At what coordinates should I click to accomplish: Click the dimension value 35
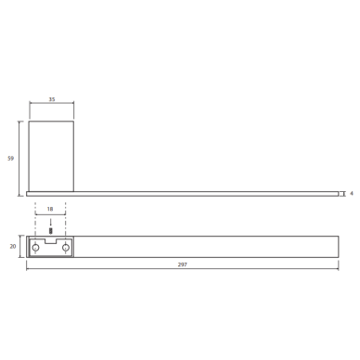point(52,99)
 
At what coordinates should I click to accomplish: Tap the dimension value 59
point(10,159)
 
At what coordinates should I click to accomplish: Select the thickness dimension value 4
point(352,194)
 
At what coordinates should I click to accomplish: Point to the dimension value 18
point(50,209)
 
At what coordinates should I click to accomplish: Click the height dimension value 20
point(13,247)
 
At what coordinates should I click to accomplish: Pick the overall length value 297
point(183,264)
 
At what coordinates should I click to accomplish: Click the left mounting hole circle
point(36,248)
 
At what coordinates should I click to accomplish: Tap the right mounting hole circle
point(66,248)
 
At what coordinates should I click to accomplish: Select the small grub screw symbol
point(51,231)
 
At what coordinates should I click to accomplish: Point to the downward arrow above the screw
point(51,223)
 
